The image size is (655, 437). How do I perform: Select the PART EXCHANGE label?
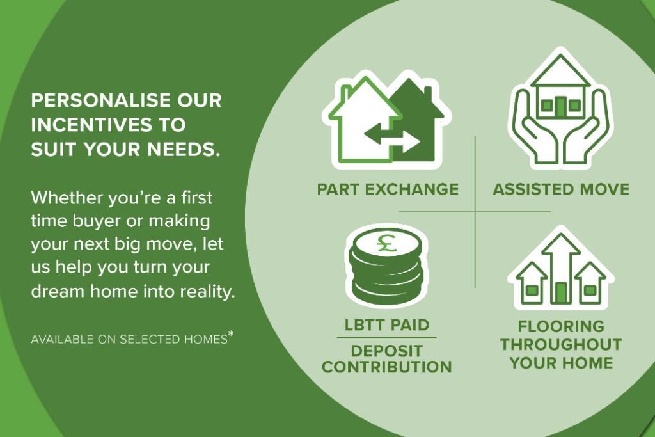coord(388,189)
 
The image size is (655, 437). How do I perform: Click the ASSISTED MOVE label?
coord(561,189)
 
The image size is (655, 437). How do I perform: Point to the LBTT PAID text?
coord(387,324)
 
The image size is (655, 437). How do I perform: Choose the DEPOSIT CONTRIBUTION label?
coord(387,360)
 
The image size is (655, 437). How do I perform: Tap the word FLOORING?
coord(561,327)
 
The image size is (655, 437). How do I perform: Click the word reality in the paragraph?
coord(209,292)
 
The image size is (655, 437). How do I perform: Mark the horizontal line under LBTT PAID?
coord(387,337)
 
